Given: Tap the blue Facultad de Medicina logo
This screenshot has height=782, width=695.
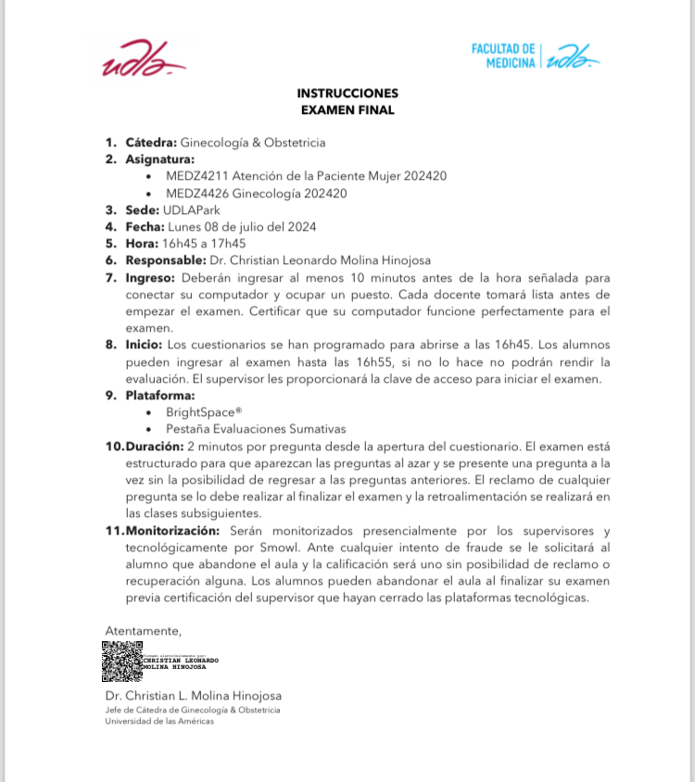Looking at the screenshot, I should point(535,56).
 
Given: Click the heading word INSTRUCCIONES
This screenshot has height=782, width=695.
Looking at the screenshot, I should point(347,94).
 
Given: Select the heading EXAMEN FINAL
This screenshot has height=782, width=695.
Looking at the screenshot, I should point(347,110).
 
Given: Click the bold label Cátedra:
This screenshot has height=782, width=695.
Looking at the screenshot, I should point(151,143).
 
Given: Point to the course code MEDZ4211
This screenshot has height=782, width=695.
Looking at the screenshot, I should point(196,176).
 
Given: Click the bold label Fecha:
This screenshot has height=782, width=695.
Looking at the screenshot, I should point(144,227).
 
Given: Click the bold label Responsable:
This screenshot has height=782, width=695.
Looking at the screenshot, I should point(166,260).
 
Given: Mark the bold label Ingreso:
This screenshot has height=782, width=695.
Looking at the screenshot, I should point(150,277).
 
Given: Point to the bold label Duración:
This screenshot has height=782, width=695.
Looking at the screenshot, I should point(154,446).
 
